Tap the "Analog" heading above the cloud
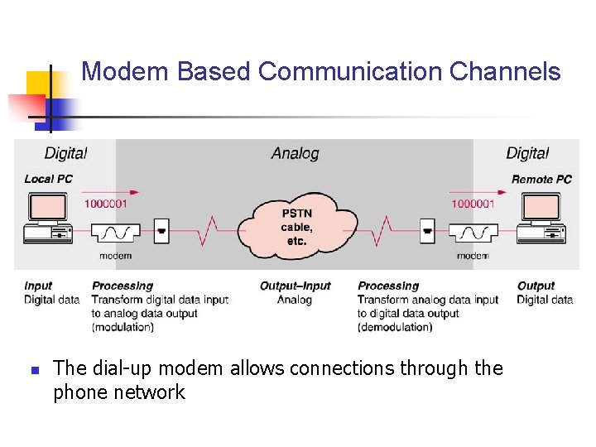click(x=295, y=153)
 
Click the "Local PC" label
click(x=48, y=179)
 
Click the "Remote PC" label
click(x=541, y=179)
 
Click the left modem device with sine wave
click(x=115, y=231)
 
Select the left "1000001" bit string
click(x=106, y=204)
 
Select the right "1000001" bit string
click(x=472, y=204)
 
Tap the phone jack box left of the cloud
click(x=162, y=231)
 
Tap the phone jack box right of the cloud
click(x=427, y=231)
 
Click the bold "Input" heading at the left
click(x=38, y=286)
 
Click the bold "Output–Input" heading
click(x=295, y=286)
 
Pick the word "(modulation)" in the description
click(x=123, y=327)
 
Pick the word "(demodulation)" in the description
click(x=395, y=327)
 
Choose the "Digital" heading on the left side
click(x=65, y=153)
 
